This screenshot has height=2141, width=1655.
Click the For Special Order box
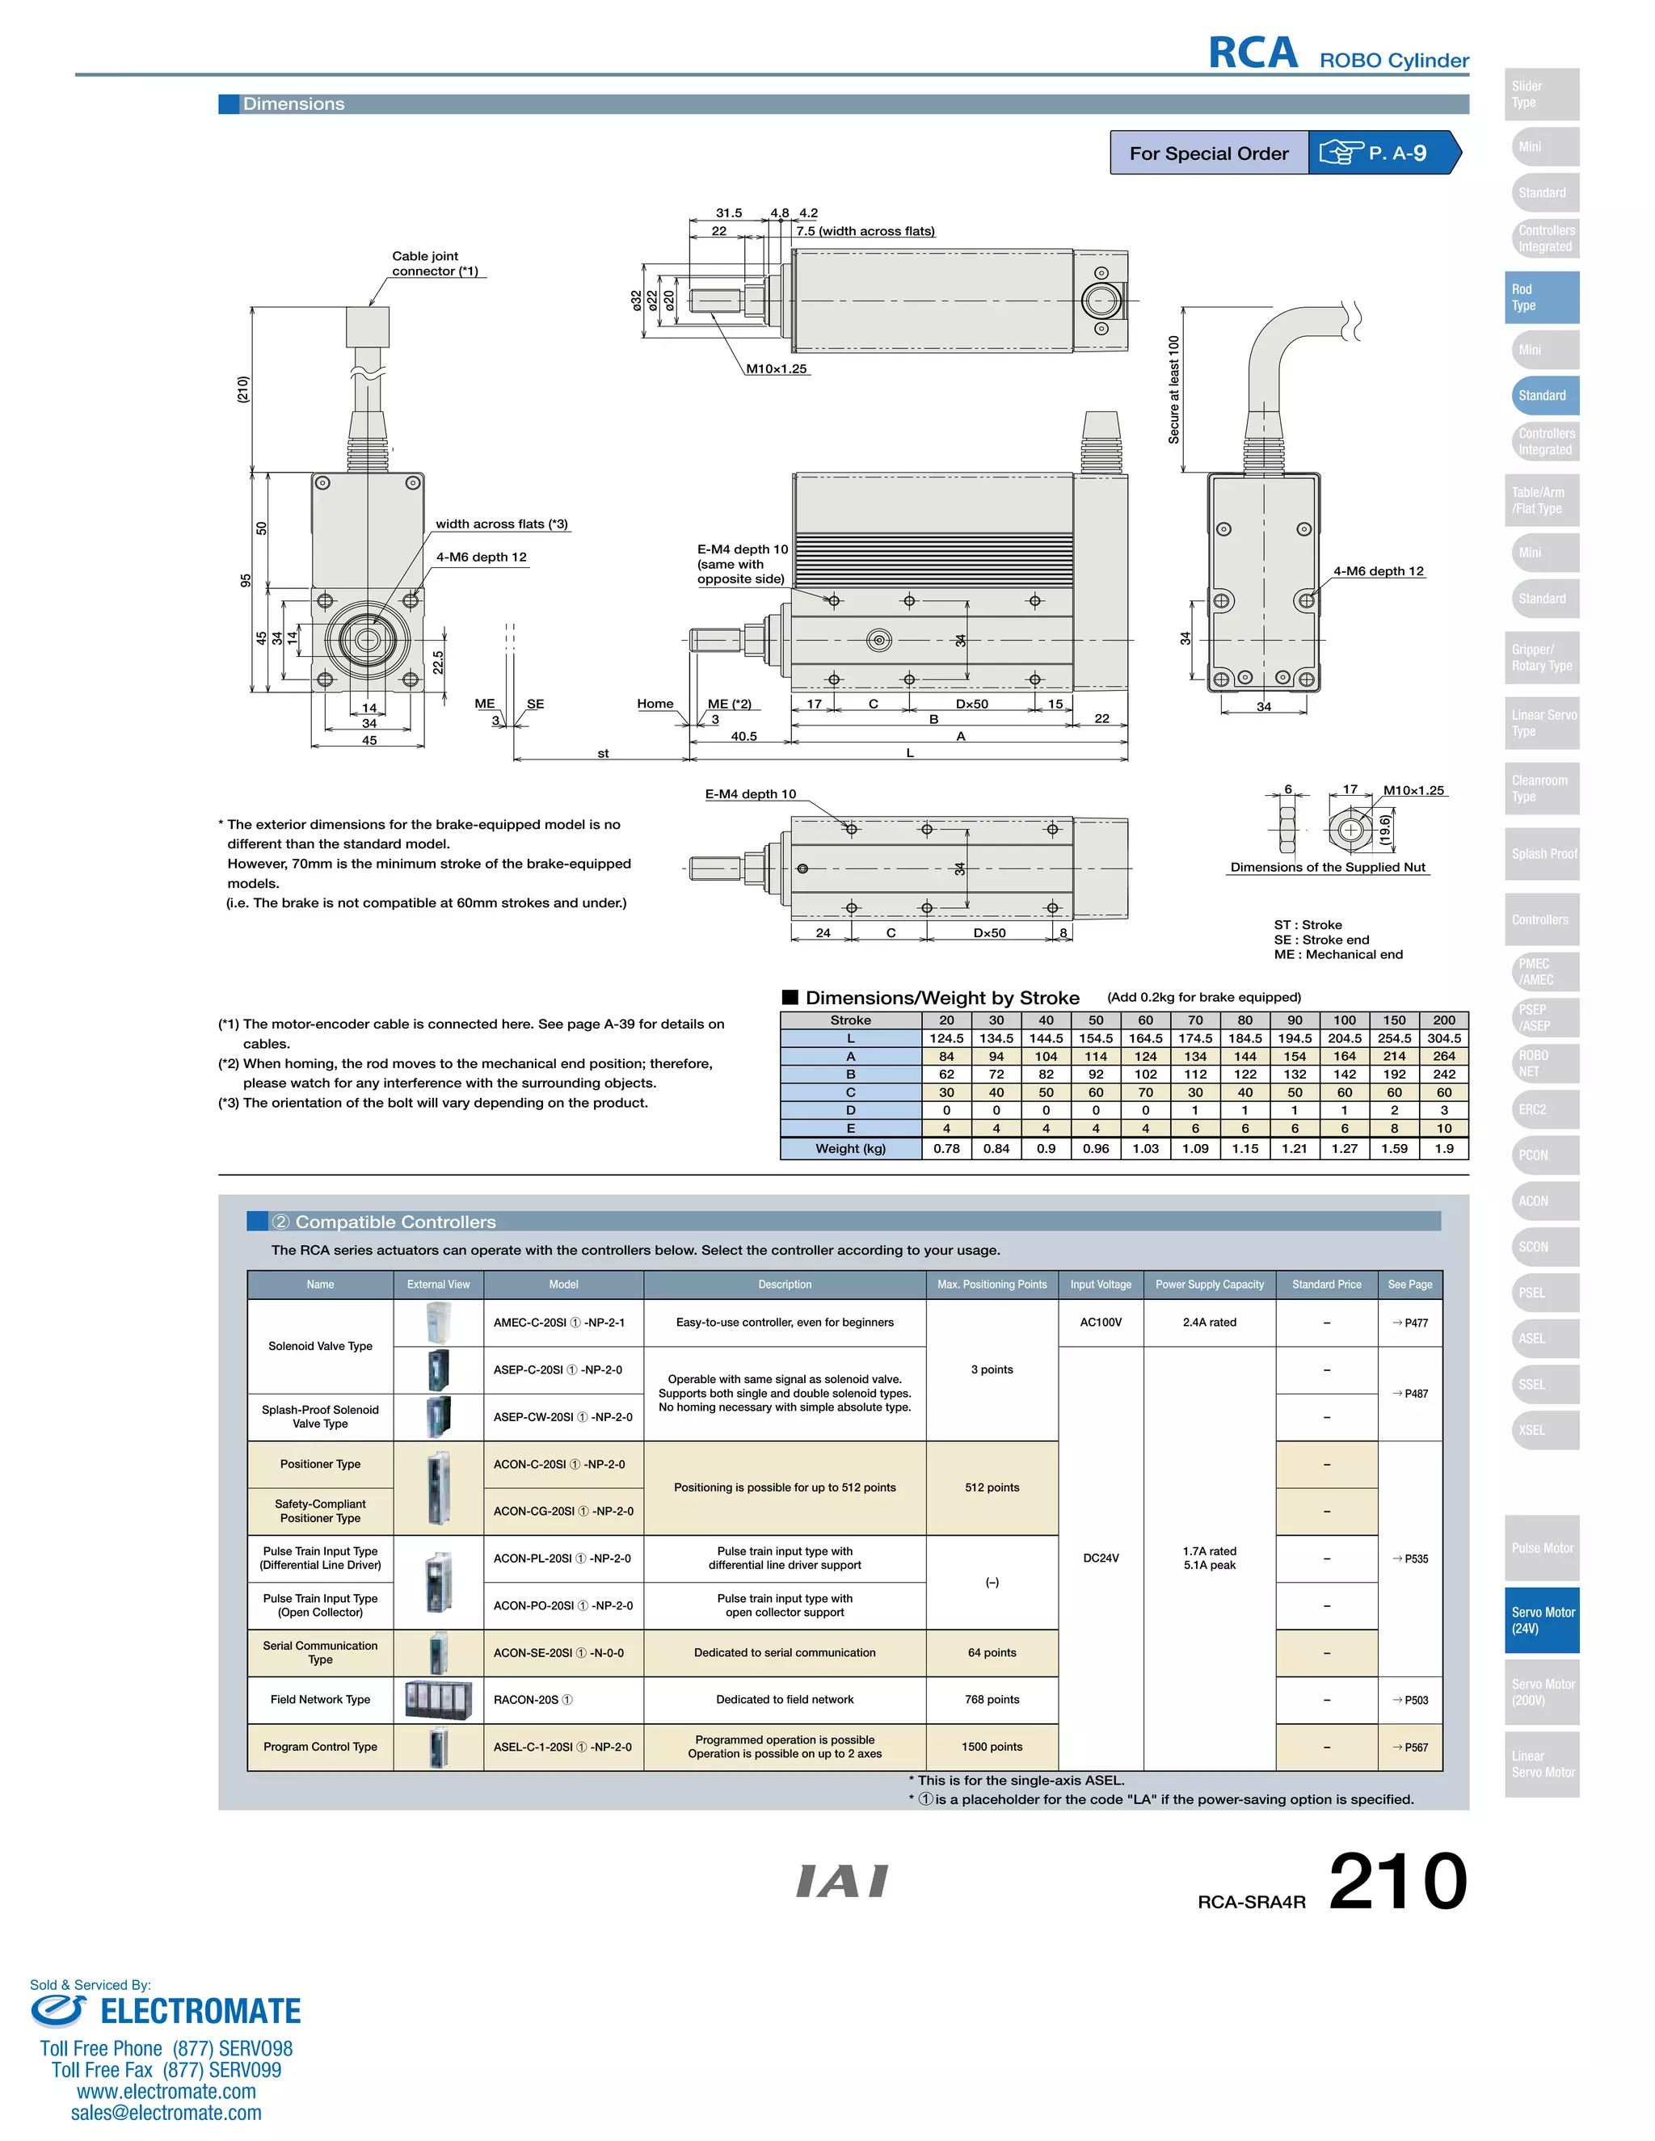(x=1208, y=153)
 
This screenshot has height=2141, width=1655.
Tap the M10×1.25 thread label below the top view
(x=776, y=368)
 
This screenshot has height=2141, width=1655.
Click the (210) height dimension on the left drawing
(x=243, y=389)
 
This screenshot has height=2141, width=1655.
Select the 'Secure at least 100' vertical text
(x=1173, y=390)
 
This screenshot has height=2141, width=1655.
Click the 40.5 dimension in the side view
(x=743, y=736)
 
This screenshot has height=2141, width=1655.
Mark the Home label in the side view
(x=655, y=704)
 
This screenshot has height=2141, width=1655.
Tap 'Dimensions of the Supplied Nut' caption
(x=1328, y=868)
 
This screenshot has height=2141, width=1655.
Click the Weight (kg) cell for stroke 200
(x=1443, y=1149)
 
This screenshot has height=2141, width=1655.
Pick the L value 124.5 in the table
(x=946, y=1038)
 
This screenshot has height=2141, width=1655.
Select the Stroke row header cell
(x=850, y=1020)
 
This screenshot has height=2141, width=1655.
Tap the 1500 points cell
(x=992, y=1747)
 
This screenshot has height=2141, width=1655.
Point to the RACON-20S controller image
(x=438, y=1700)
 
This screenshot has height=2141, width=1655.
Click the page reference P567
(x=1410, y=1747)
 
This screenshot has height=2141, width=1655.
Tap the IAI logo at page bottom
(x=841, y=1881)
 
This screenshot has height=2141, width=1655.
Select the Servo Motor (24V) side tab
(x=1541, y=1621)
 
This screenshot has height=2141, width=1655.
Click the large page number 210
(x=1397, y=1881)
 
